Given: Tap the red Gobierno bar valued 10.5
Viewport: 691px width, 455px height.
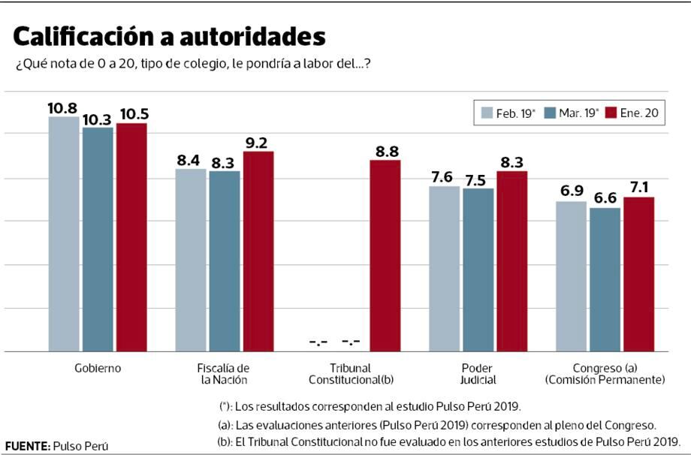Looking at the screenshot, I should click(131, 237).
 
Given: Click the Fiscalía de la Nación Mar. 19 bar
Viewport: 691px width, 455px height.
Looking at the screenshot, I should click(225, 261).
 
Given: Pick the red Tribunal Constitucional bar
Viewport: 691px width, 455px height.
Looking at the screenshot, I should click(385, 256).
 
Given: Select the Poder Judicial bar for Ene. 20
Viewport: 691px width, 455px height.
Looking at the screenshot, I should click(511, 261).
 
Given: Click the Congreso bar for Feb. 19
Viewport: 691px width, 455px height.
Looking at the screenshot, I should click(572, 276).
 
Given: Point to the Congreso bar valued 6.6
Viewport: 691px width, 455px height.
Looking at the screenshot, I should click(605, 279).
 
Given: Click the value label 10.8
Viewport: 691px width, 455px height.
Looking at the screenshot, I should click(63, 108).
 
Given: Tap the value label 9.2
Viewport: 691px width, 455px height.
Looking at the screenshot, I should click(257, 143).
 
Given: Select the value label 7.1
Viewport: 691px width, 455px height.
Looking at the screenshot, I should click(639, 188).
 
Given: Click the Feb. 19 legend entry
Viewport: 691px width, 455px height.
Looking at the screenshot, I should click(508, 114).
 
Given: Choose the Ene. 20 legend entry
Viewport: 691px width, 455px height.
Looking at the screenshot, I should click(635, 114).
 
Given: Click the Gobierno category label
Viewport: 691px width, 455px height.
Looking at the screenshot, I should click(98, 369).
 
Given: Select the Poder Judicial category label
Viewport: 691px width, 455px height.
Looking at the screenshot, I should click(477, 374).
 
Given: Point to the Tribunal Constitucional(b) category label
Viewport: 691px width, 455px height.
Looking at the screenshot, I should click(351, 374).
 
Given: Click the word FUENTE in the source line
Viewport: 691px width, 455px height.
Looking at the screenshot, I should click(27, 446).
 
